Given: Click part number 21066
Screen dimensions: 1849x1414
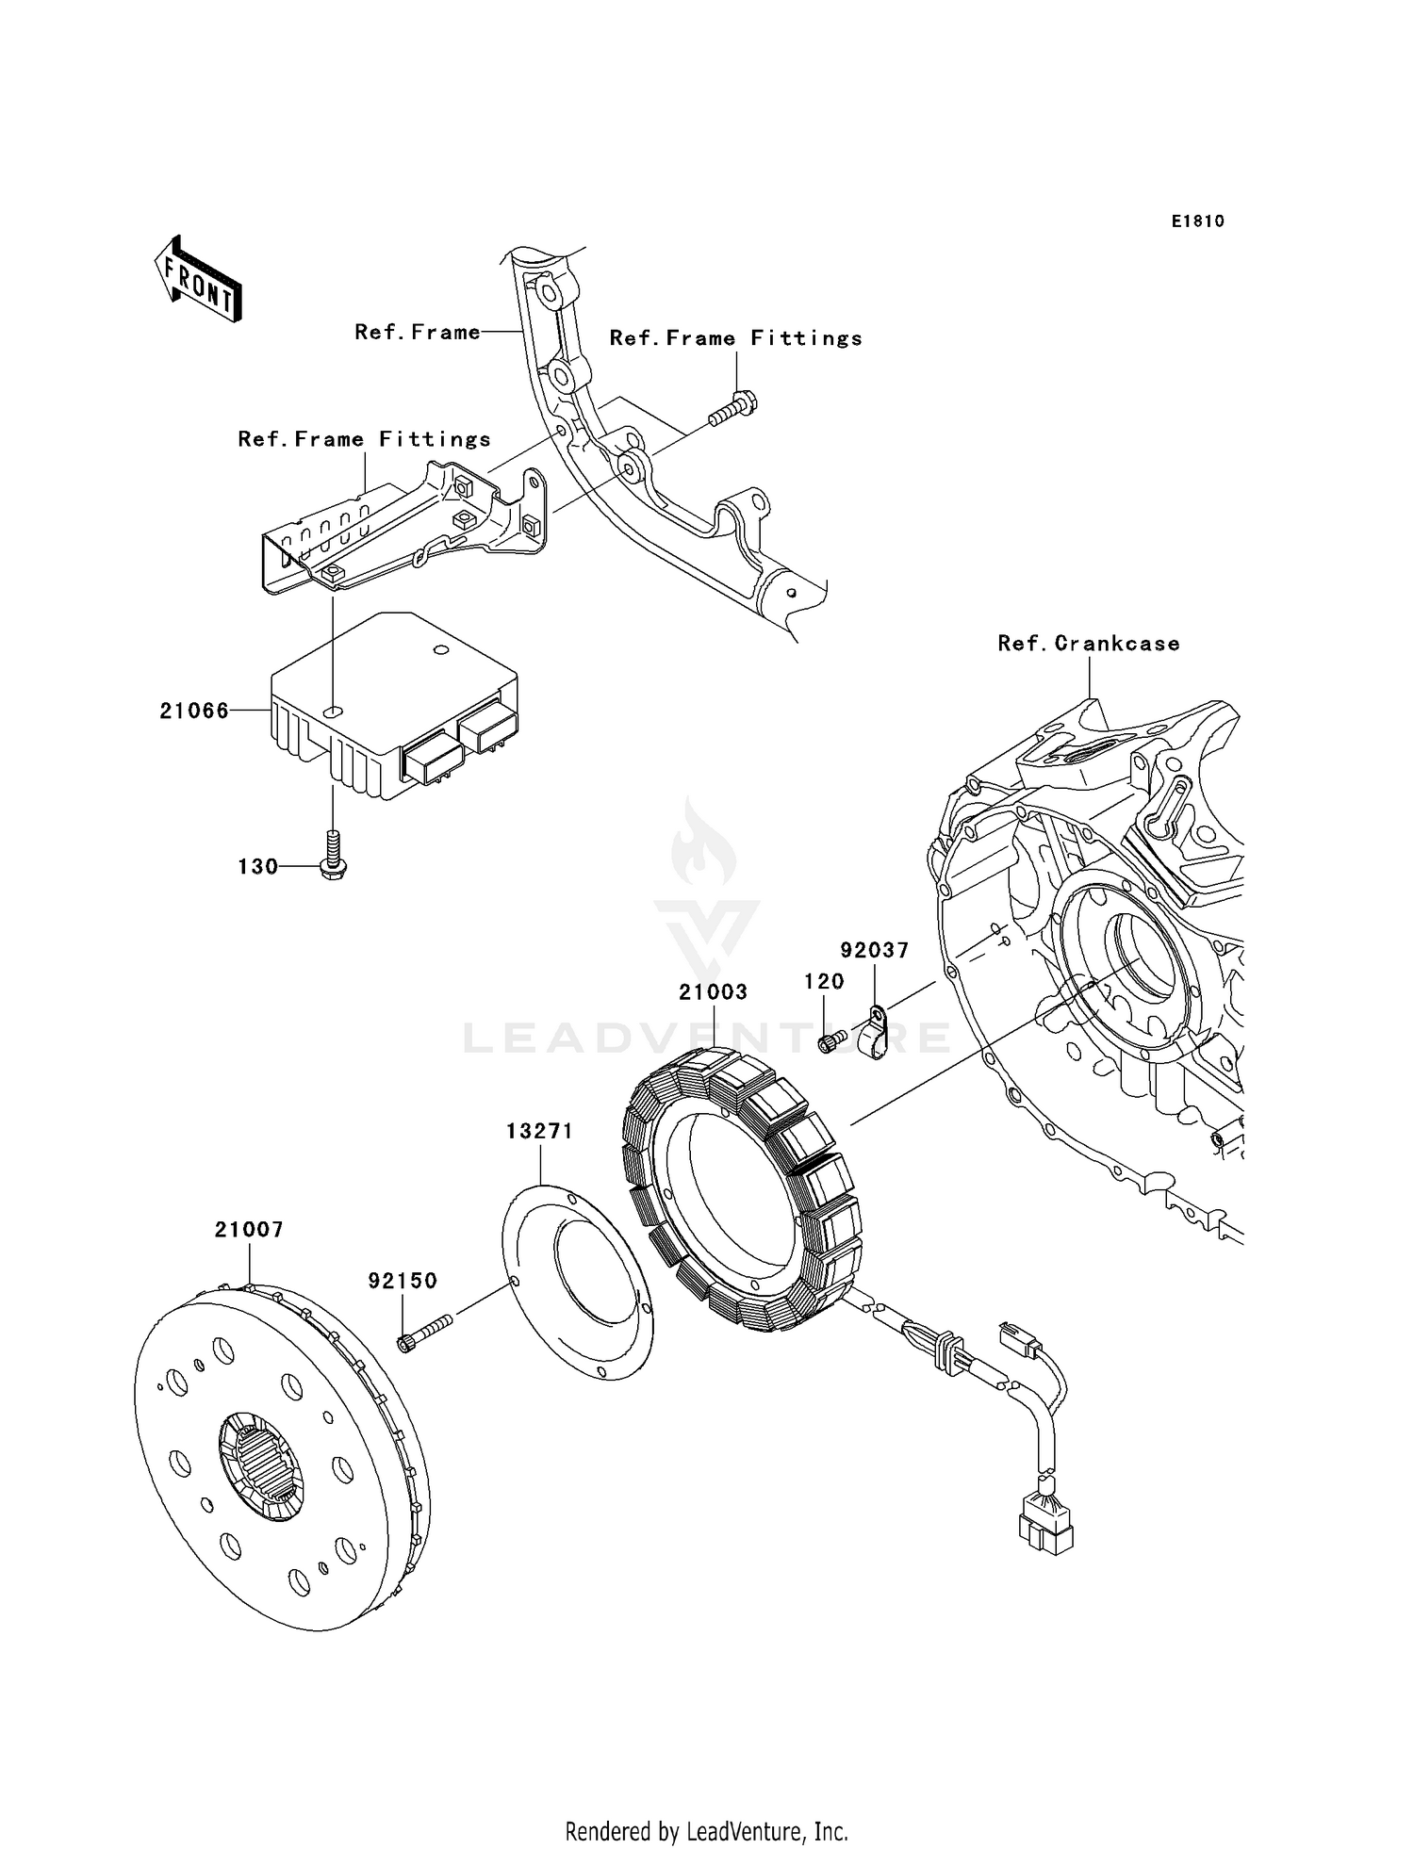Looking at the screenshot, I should (x=194, y=712).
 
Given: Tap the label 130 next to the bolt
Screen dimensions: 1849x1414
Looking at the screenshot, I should (x=257, y=867).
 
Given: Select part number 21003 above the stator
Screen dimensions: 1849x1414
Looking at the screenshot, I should (x=714, y=992).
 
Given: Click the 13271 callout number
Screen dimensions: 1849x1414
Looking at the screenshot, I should (x=539, y=1131).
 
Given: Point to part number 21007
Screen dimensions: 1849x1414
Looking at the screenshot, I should (x=249, y=1230).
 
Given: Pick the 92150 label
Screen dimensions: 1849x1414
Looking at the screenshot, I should (x=403, y=1281).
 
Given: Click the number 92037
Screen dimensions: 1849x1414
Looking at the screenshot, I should (x=875, y=950).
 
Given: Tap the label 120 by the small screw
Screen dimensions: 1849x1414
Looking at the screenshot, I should (x=824, y=982).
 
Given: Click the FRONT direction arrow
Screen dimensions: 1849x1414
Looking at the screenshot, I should (x=199, y=281).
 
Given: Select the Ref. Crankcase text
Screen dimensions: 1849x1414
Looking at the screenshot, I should (x=1089, y=644).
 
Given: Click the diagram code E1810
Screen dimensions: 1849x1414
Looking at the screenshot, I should (x=1198, y=221).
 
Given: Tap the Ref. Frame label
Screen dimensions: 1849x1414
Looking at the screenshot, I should (x=417, y=332).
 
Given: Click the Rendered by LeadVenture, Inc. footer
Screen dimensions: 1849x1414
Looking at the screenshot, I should (x=706, y=1831).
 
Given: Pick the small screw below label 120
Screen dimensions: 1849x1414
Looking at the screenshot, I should (x=829, y=1042).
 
